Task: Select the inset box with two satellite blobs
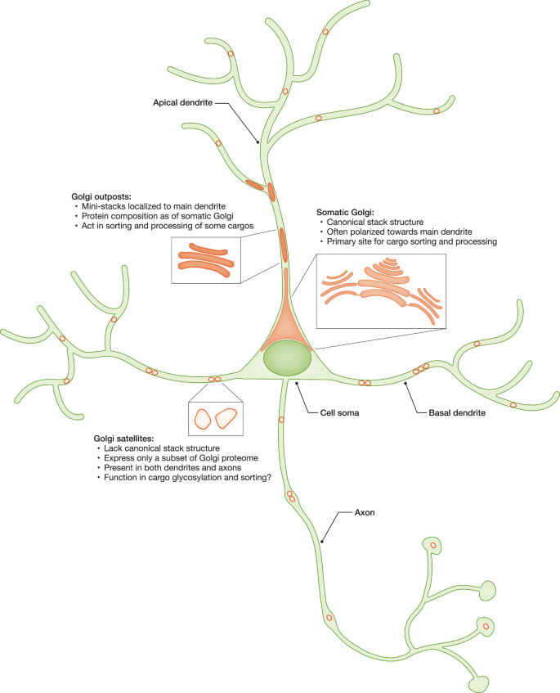coord(213,419)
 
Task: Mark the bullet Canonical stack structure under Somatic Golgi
coord(374,221)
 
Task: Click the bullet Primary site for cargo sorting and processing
coord(408,241)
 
